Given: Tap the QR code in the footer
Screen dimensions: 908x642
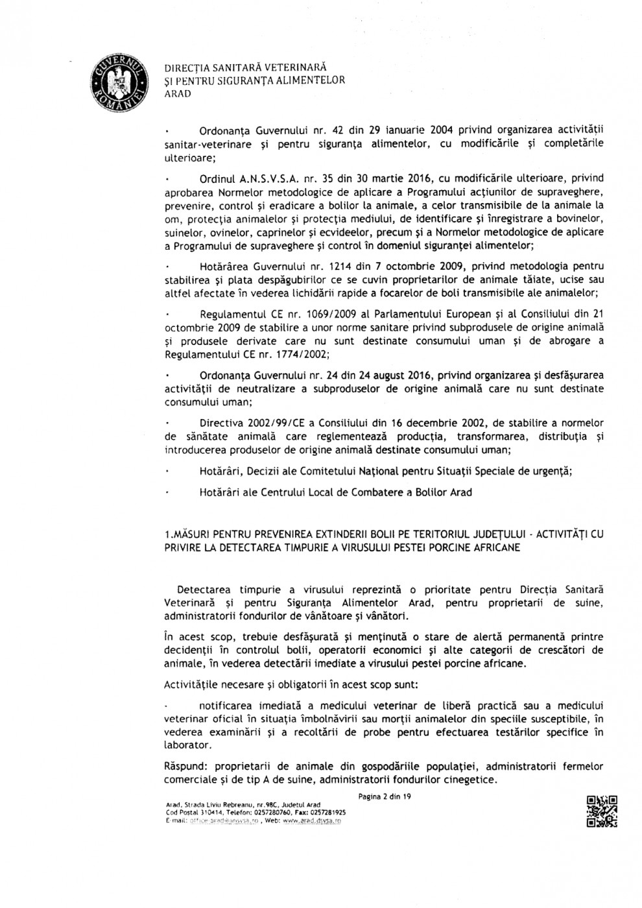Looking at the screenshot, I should (x=601, y=811).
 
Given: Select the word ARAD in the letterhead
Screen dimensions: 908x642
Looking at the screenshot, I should (x=178, y=94).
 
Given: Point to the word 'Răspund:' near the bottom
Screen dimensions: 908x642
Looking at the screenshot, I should (x=184, y=766).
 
